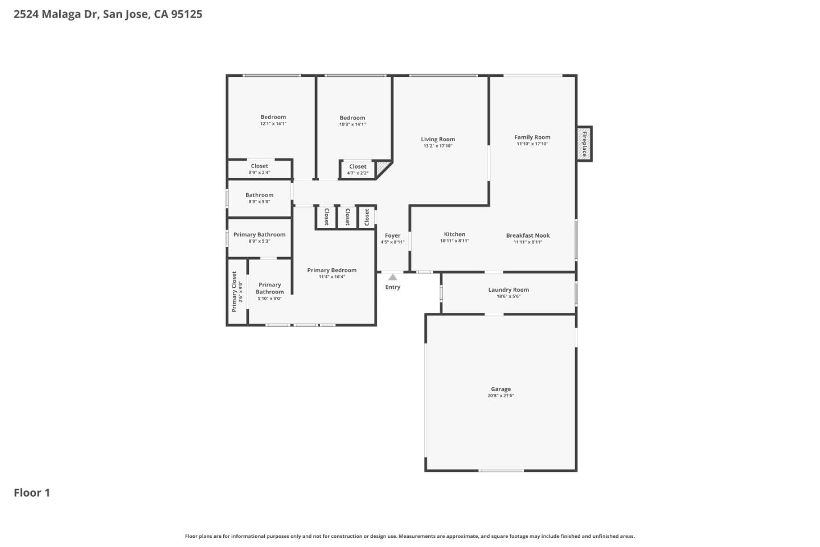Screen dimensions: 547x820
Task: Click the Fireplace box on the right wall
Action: (584, 144)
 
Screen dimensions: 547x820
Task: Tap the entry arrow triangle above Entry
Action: (392, 277)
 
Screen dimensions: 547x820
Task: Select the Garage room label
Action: (501, 389)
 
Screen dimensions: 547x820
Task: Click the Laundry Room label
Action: (508, 289)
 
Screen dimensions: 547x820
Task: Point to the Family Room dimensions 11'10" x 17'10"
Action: (532, 144)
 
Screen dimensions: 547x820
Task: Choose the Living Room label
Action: (437, 139)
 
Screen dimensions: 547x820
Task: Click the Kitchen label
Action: (454, 234)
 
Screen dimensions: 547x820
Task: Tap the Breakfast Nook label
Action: (527, 235)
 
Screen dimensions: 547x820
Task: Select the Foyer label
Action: (392, 235)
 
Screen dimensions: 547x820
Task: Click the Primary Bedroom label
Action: (331, 270)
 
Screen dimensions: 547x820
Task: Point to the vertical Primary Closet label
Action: (234, 292)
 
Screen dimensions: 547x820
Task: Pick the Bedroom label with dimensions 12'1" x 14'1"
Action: (273, 117)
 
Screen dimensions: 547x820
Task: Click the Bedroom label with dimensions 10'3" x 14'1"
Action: (352, 118)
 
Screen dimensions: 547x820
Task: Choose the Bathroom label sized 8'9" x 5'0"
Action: (259, 195)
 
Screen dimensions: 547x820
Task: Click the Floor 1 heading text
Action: (32, 493)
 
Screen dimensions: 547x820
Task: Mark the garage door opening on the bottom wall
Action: (501, 471)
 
